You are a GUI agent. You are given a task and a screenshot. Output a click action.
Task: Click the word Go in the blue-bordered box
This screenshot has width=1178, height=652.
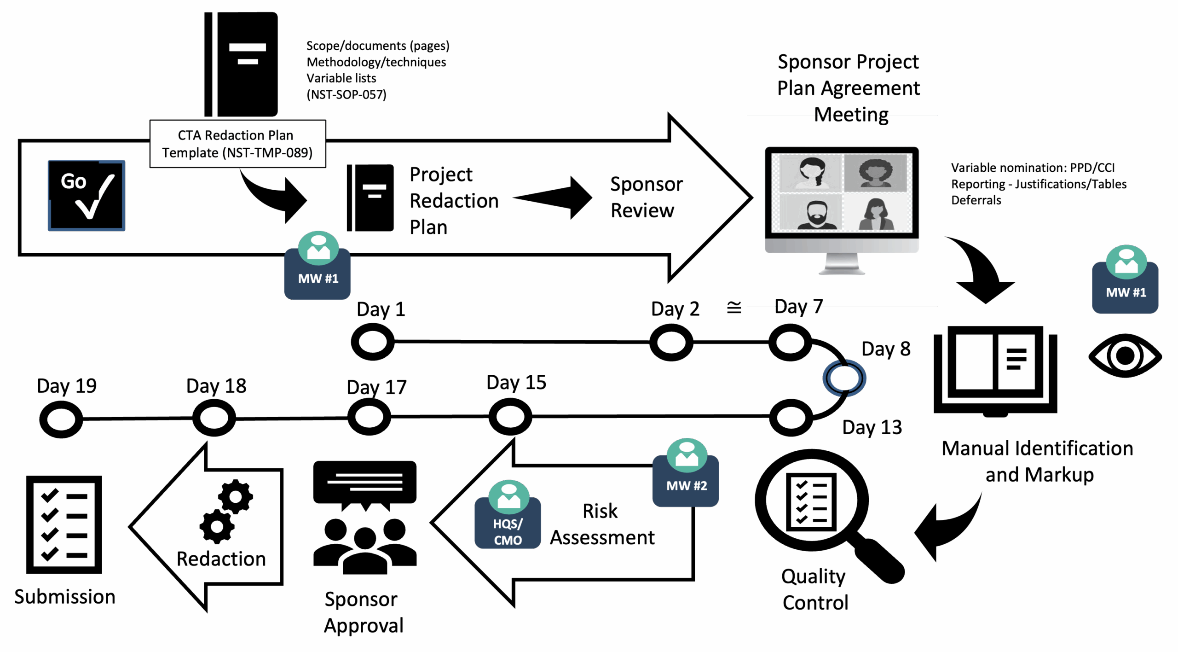coord(74,181)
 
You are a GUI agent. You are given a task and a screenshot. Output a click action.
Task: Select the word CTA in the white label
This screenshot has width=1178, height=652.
coord(189,135)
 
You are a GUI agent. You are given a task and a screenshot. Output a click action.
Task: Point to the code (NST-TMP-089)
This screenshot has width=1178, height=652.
coord(267,153)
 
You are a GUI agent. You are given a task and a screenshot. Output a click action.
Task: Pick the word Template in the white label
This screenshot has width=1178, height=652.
coord(190,153)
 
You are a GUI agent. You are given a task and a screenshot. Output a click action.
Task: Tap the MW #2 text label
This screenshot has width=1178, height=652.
coord(687,486)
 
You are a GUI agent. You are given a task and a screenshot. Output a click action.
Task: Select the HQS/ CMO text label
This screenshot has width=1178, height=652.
coord(508,532)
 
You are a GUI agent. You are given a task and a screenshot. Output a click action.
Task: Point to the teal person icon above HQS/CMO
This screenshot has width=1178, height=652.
coord(509,497)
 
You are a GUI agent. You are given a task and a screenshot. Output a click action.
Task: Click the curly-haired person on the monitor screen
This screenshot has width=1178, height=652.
coord(875,173)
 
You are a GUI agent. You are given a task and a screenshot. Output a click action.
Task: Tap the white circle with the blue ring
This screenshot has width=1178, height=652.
coord(844,378)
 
